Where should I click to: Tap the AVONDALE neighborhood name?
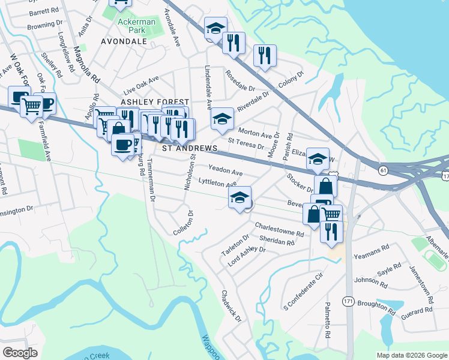pos(124,41)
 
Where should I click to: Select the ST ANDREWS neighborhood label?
pos(186,148)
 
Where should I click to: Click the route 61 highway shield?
pos(384,170)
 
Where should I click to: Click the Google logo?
pos(20,353)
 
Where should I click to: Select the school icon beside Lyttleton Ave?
pos(240,198)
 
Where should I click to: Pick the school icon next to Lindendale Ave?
pos(222,118)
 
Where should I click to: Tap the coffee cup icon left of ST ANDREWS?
pos(123,145)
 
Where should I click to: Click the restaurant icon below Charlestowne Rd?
pos(331,231)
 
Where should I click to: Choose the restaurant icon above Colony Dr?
pos(265,56)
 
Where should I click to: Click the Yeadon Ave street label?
pos(225,170)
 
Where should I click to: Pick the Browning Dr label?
pos(45,25)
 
